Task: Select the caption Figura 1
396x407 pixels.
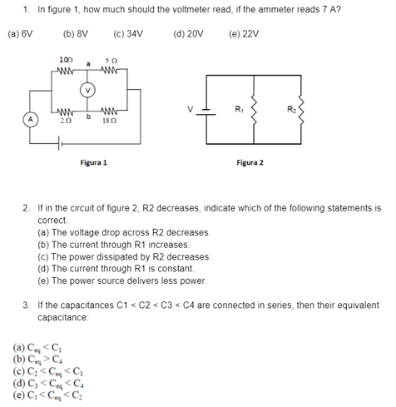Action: [94, 161]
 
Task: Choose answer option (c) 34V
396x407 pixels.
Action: [128, 34]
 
